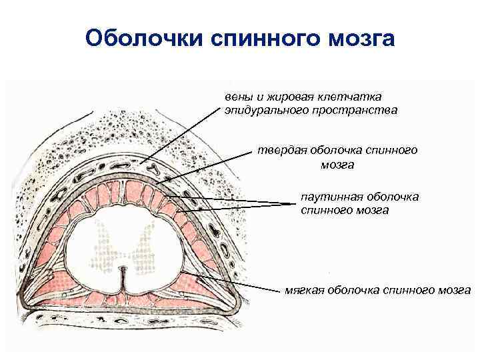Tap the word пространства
355,111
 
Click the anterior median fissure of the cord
121,283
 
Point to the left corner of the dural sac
25,300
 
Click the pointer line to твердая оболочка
207,167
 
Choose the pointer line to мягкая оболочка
233,283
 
